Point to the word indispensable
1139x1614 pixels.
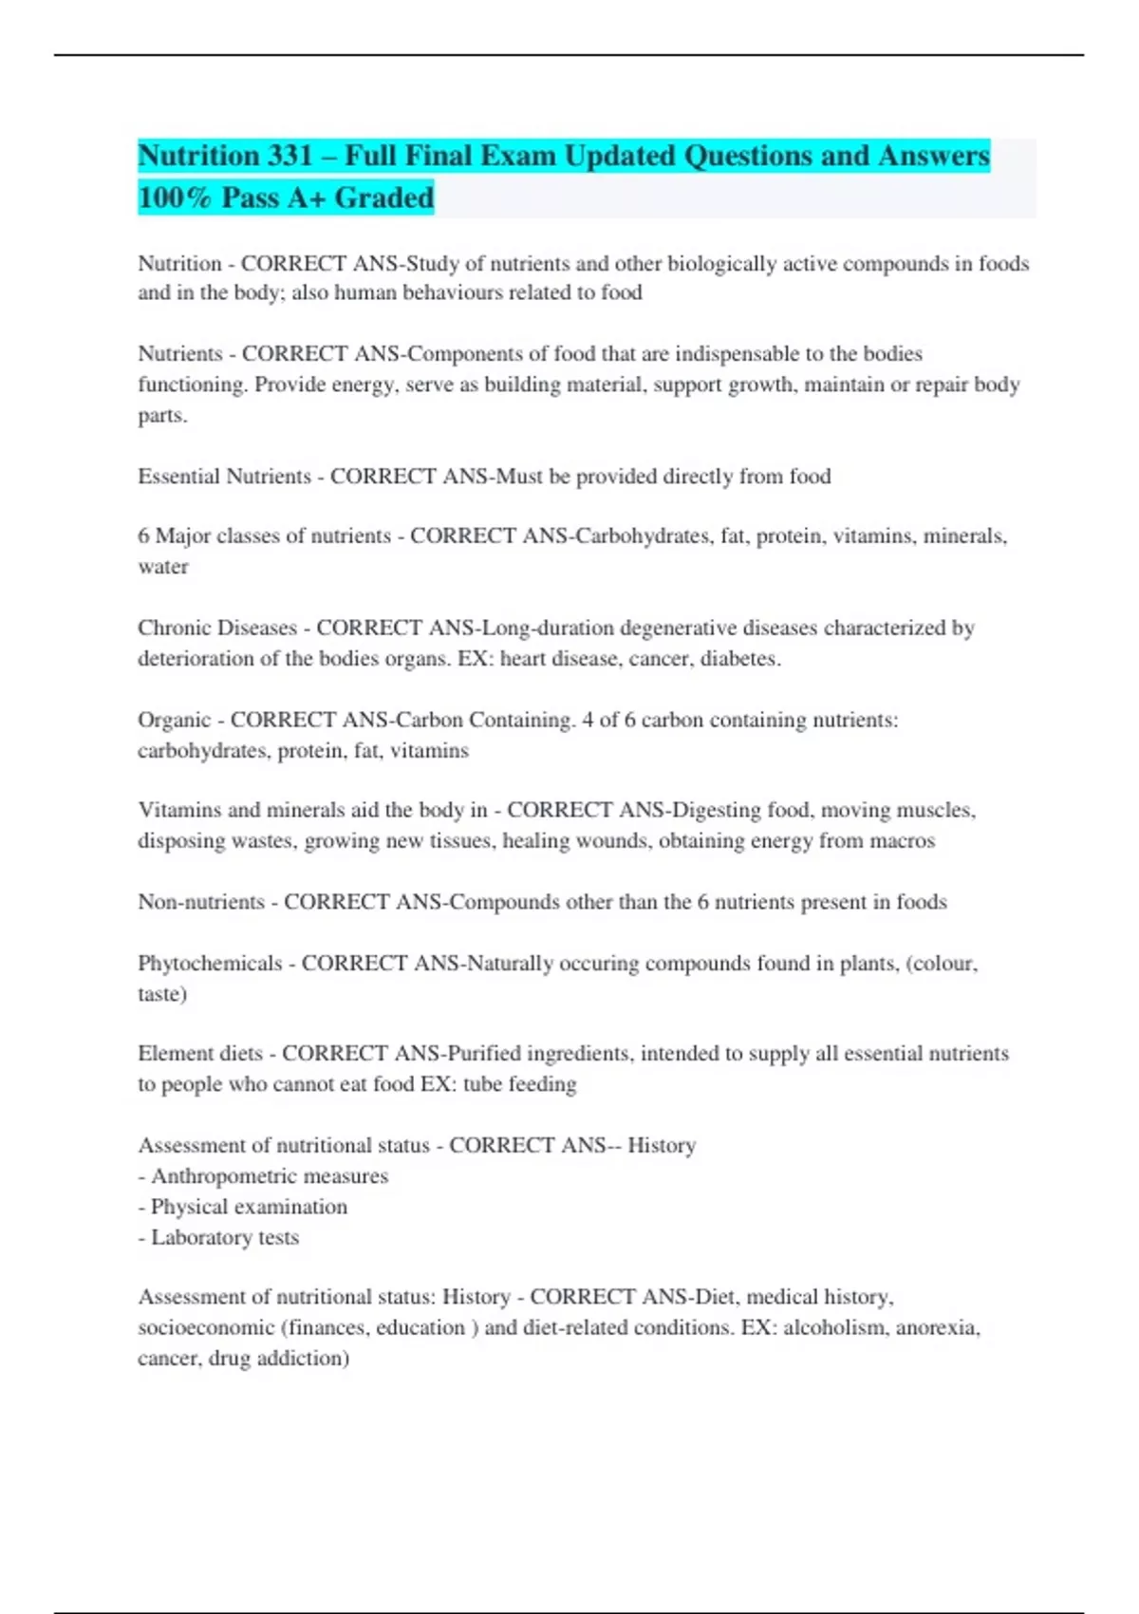point(737,354)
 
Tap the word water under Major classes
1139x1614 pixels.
point(163,567)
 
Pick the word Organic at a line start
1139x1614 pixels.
point(174,720)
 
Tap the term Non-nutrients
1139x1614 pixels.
point(201,902)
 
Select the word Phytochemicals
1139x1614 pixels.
point(210,964)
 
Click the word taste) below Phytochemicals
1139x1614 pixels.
point(162,994)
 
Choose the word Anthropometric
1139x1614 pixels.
point(223,1176)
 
